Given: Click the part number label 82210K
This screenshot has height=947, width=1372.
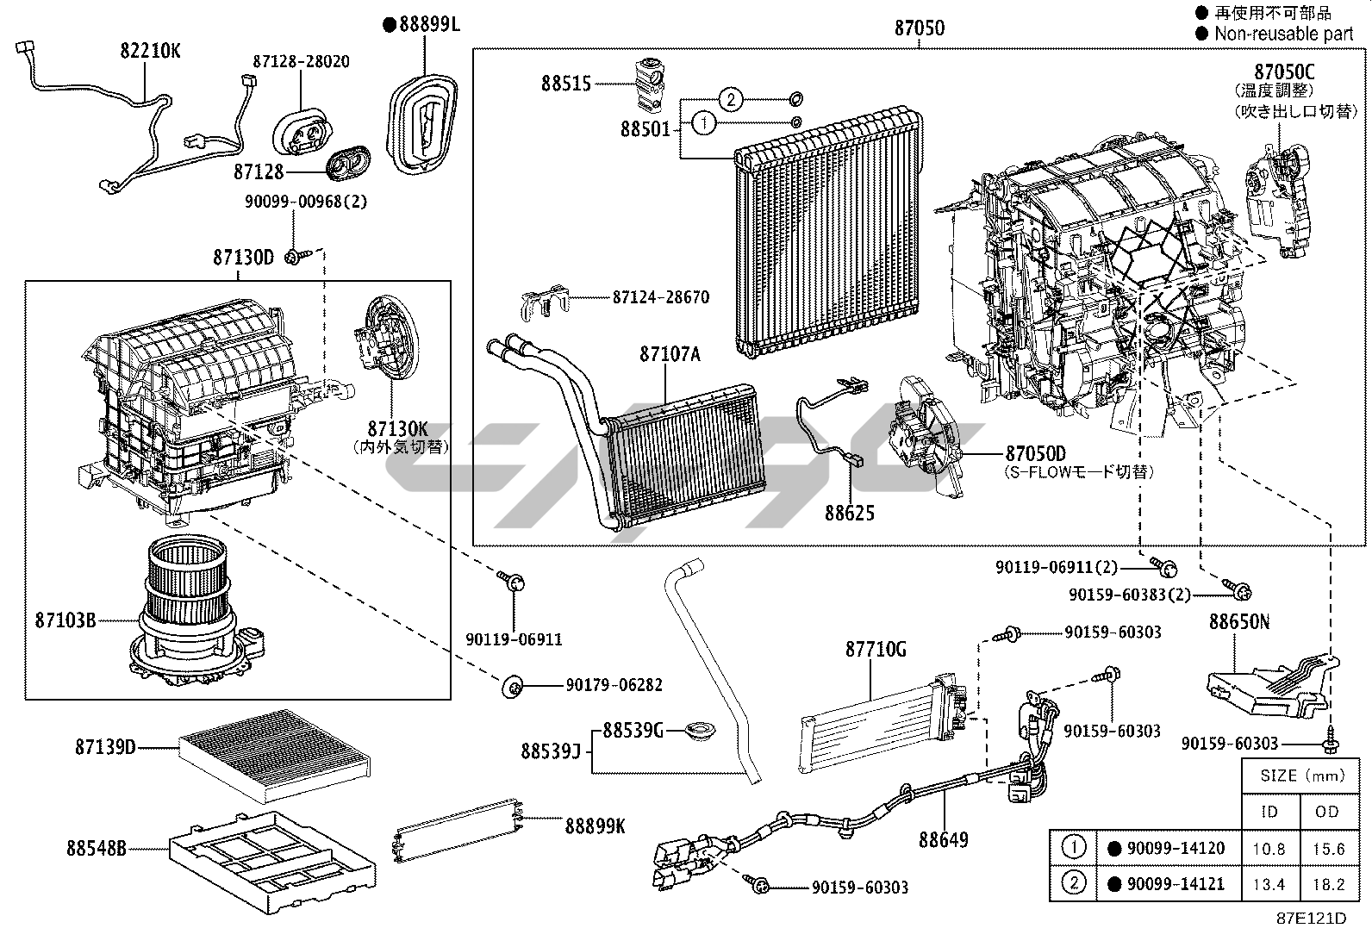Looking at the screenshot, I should pos(150,51).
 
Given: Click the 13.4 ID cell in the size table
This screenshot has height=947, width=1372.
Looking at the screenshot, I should pos(1269,884).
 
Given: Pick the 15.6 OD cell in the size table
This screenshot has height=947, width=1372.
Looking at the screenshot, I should pos(1328,849).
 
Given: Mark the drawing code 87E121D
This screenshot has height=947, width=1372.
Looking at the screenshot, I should pos(1311,919).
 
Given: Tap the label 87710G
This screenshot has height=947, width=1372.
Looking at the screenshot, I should pos(875,650).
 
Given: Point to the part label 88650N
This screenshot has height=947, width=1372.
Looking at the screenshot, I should pos(1238,622).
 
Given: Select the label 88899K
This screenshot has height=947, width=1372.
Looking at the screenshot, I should pos(595,826).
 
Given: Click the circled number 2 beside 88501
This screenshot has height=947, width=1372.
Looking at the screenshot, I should pos(730,100).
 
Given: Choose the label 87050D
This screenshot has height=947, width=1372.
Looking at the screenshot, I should pos(1035,454).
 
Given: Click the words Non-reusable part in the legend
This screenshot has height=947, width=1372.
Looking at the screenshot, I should pos(1283,34).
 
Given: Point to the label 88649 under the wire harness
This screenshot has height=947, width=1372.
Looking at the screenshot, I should pos(943,839).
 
